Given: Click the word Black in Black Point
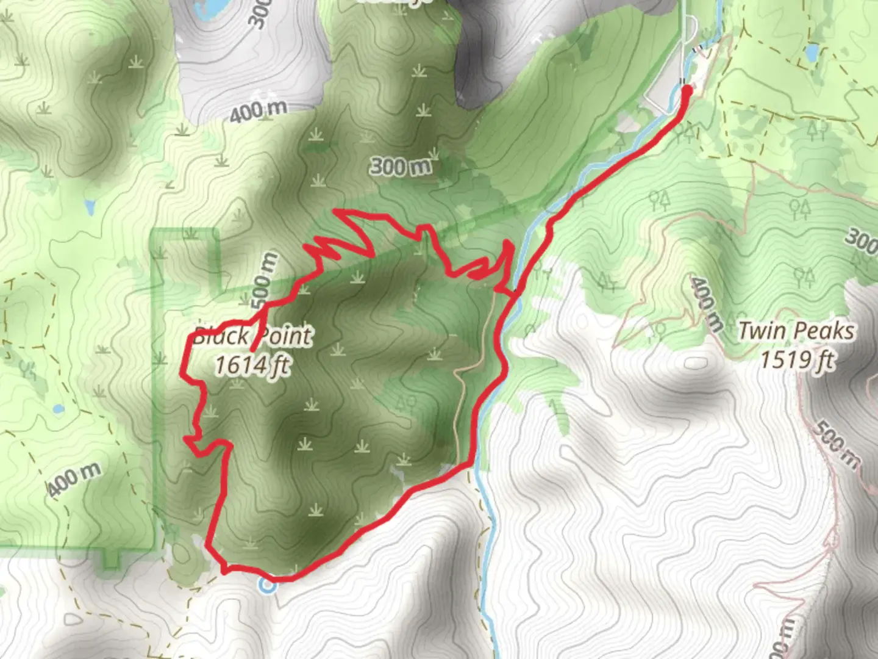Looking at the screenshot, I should [221, 336].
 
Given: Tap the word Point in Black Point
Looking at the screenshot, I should [286, 336].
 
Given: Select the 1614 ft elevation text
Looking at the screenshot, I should [252, 365].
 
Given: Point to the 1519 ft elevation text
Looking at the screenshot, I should [796, 360].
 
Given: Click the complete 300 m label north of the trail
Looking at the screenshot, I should [401, 166].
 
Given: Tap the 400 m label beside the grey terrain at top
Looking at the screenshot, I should [259, 110].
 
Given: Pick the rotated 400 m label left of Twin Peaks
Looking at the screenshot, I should [707, 303].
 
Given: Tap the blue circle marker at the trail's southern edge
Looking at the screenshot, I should [267, 586].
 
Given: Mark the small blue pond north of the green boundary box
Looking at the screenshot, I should [90, 208].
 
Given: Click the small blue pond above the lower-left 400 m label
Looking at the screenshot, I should [57, 409].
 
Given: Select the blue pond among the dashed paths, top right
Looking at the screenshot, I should [812, 53].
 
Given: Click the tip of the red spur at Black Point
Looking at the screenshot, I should [252, 350].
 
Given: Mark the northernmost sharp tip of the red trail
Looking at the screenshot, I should [334, 212].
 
